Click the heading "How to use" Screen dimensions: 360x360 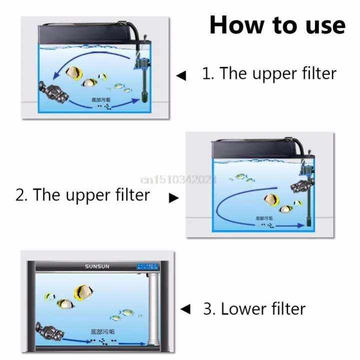[x=277, y=25]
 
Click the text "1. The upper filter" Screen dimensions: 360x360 [x=269, y=73]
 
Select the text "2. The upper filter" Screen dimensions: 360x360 [x=82, y=194]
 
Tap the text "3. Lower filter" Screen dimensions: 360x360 [x=254, y=308]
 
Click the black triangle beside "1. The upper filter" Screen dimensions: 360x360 [x=181, y=76]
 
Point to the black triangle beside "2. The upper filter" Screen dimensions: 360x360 [x=173, y=198]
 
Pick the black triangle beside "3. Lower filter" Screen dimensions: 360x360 [x=185, y=309]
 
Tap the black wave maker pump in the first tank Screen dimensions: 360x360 [x=52, y=90]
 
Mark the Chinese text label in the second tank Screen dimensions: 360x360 [x=264, y=218]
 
